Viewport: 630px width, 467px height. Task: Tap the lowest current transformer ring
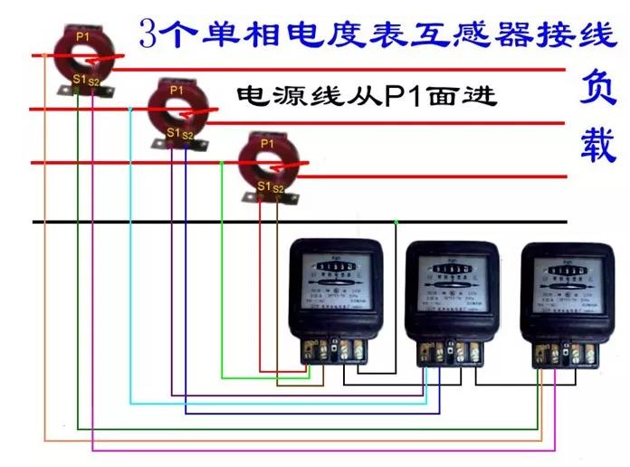coord(268,163)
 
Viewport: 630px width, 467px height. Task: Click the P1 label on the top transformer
coord(82,36)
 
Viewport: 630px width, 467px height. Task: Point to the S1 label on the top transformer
coord(79,80)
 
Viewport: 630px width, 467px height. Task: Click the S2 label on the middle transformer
coord(187,136)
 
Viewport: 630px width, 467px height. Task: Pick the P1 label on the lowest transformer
coord(267,143)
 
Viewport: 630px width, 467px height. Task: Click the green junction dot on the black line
coord(396,222)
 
